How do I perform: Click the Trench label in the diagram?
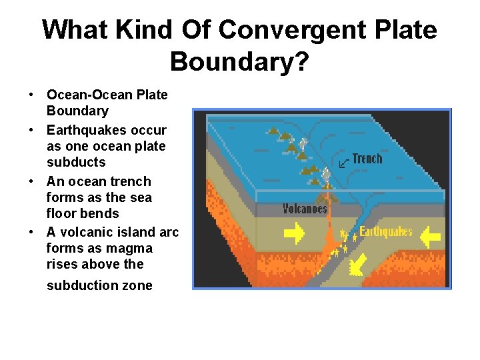click(x=367, y=159)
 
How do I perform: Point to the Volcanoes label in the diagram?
click(x=305, y=209)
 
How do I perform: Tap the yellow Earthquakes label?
click(x=386, y=232)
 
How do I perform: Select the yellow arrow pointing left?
click(x=431, y=236)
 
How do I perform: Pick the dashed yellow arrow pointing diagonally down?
click(x=359, y=264)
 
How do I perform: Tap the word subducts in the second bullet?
click(x=76, y=162)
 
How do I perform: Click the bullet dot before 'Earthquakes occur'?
click(x=32, y=130)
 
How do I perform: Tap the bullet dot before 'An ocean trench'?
click(x=32, y=181)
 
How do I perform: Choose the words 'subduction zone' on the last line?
click(x=99, y=285)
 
